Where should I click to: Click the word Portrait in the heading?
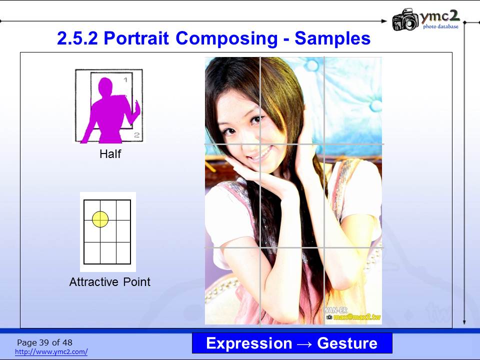tap(136, 38)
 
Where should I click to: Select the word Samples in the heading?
tap(332, 38)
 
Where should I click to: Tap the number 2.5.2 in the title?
tap(77, 38)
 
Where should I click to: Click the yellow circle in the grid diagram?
tap(100, 219)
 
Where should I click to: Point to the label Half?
tap(110, 153)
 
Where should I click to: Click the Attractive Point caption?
tap(110, 281)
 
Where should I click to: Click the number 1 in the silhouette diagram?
tap(125, 80)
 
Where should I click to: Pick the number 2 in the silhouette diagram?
tap(136, 135)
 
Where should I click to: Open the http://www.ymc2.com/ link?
tap(51, 351)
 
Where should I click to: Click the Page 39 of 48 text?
tap(44, 342)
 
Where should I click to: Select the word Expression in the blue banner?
tap(249, 343)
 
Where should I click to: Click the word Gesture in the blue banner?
tap(347, 343)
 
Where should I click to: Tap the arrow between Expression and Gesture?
tap(304, 344)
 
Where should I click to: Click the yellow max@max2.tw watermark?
tap(357, 317)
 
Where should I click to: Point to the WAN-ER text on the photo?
tap(335, 310)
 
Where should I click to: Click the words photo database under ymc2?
tap(441, 26)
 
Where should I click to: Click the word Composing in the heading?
tap(226, 39)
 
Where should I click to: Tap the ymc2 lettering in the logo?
tap(439, 16)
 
